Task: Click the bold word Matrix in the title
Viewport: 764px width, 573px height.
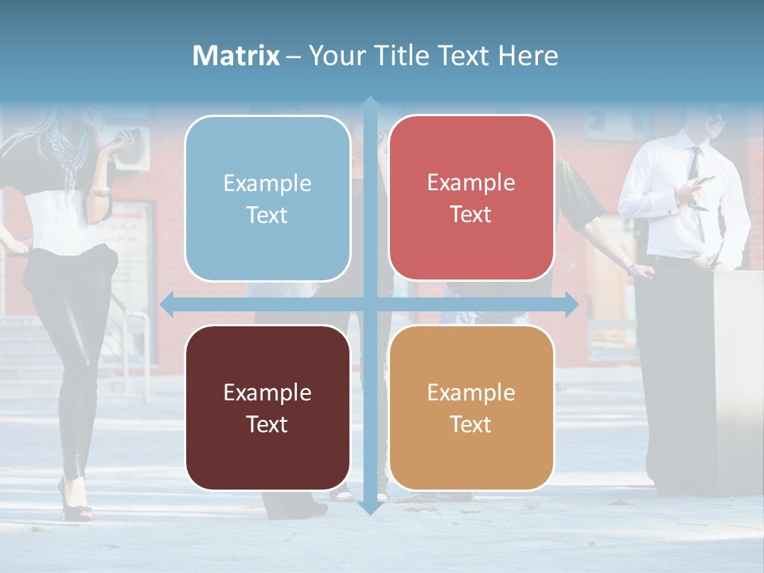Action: (x=236, y=56)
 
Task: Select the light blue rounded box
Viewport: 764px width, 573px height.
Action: (x=267, y=198)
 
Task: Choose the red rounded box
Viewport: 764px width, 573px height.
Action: (x=471, y=197)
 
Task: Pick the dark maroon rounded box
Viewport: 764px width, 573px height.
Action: (x=267, y=407)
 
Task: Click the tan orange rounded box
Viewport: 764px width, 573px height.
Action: (x=471, y=407)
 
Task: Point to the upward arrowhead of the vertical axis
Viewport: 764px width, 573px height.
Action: (x=369, y=103)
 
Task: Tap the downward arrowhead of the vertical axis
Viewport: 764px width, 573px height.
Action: (x=369, y=507)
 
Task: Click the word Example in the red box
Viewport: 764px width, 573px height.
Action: (x=471, y=182)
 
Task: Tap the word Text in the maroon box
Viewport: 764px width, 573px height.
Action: (x=267, y=424)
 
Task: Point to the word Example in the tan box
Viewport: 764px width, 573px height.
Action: (x=471, y=392)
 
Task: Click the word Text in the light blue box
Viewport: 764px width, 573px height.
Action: (x=267, y=215)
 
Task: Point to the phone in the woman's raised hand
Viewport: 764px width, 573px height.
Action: (x=127, y=136)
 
